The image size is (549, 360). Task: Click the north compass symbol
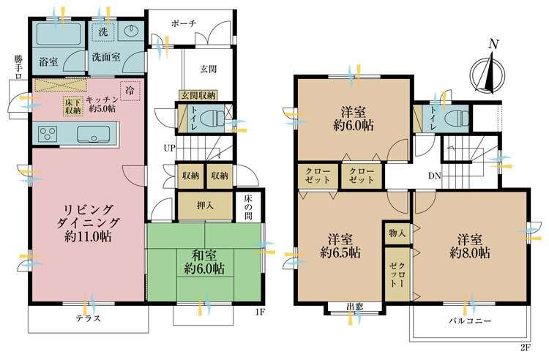click(487, 75)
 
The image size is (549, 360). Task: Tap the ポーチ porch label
click(184, 24)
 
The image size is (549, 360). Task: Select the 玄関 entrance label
click(209, 69)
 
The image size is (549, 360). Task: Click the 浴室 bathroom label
click(48, 62)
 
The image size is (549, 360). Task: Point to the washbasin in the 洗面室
click(131, 31)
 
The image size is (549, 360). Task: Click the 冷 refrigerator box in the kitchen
click(130, 91)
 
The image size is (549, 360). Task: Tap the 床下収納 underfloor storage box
click(72, 106)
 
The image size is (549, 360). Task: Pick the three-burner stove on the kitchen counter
click(48, 134)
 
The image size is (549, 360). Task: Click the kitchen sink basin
click(94, 135)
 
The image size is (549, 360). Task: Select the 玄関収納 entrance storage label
click(198, 96)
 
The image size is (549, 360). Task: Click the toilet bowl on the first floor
click(212, 118)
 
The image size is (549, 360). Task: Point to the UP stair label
click(169, 149)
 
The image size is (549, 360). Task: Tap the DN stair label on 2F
click(435, 176)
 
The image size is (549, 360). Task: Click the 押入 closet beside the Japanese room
click(205, 206)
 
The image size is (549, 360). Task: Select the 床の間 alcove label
click(248, 206)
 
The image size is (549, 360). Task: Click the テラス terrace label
click(89, 318)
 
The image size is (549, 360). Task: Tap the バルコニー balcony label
click(470, 320)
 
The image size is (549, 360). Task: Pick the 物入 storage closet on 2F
click(397, 233)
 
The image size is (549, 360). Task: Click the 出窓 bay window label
click(354, 307)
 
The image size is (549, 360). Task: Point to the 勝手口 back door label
click(18, 67)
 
